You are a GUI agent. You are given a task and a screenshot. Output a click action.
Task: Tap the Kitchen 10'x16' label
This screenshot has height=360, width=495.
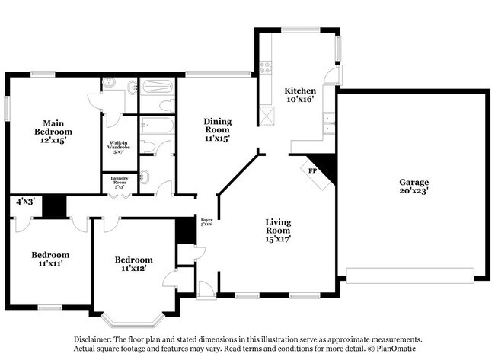pyautogui.click(x=300, y=94)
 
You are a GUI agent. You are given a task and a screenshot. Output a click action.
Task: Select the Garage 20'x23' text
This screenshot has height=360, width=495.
pyautogui.click(x=414, y=187)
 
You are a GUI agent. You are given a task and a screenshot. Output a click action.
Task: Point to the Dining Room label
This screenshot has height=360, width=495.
pyautogui.click(x=216, y=129)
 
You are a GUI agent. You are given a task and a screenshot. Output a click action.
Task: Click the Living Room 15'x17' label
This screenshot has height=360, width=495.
pyautogui.click(x=278, y=231)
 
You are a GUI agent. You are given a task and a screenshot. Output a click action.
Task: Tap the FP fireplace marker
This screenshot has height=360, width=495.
pyautogui.click(x=312, y=171)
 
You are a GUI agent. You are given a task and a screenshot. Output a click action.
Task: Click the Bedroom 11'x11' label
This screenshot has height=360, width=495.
pyautogui.click(x=50, y=259)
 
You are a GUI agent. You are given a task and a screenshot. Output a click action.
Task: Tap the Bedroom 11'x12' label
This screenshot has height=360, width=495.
pyautogui.click(x=133, y=263)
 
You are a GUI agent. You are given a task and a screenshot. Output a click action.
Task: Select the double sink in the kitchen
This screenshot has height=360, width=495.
pyautogui.click(x=327, y=123)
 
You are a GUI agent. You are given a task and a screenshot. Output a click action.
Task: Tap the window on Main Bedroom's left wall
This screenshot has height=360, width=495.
pyautogui.click(x=8, y=108)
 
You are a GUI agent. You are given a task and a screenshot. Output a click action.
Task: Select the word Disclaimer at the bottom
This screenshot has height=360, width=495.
pyautogui.click(x=93, y=339)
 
